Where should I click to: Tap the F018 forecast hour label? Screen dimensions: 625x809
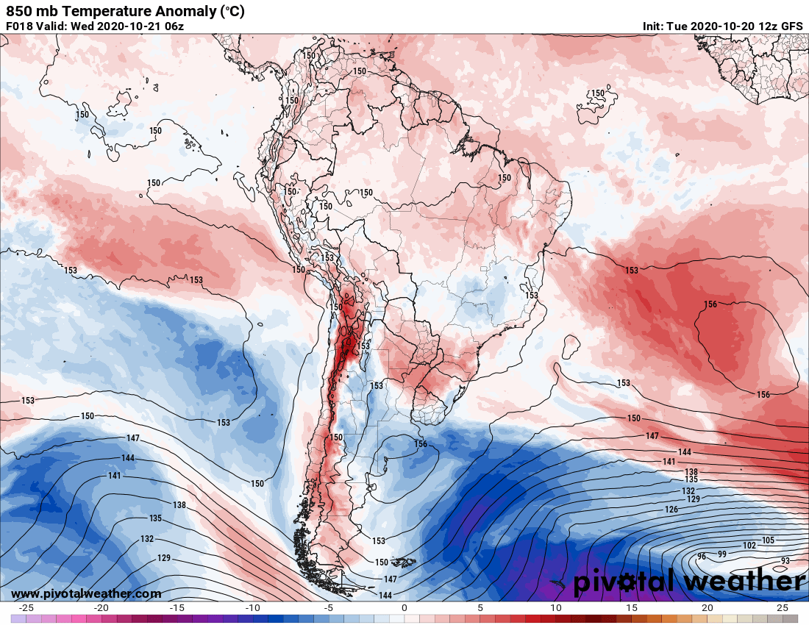(x=20, y=26)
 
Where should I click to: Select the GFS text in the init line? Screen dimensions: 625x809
(x=791, y=26)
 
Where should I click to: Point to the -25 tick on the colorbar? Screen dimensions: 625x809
(x=26, y=608)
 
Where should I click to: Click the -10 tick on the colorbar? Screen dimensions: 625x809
(x=253, y=608)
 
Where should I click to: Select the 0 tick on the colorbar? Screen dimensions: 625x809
(x=404, y=608)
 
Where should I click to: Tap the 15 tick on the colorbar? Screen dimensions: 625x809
(x=631, y=608)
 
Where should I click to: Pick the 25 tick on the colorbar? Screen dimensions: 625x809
(x=782, y=608)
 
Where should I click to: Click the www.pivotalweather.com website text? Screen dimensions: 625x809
(x=86, y=593)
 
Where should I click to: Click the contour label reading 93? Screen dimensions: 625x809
(x=785, y=561)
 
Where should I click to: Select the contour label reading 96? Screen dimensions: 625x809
(x=701, y=557)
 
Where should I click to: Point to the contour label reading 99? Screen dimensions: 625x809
(x=722, y=554)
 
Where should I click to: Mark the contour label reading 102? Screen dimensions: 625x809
(x=749, y=546)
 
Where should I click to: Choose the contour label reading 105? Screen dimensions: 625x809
(x=769, y=540)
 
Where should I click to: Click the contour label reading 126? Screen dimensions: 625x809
(x=671, y=510)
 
